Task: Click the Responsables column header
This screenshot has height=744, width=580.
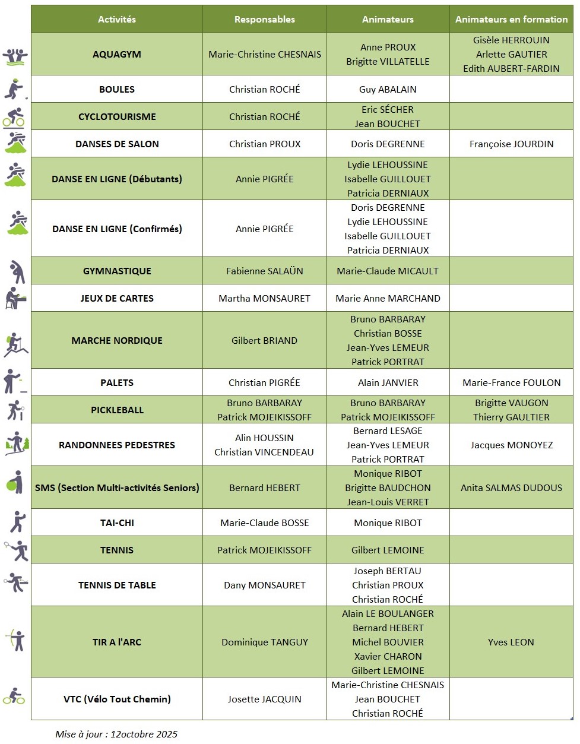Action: [x=264, y=20]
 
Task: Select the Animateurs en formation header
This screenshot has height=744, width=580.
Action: [x=511, y=20]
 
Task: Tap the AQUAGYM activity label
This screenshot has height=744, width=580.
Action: [x=117, y=55]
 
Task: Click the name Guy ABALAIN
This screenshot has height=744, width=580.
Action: [x=388, y=90]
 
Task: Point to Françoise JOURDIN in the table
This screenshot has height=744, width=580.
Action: [x=511, y=144]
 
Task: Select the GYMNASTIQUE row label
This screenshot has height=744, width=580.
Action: [x=117, y=271]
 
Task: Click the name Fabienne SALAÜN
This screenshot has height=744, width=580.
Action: [x=264, y=271]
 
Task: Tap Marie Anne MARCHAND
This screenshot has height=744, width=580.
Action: [x=388, y=299]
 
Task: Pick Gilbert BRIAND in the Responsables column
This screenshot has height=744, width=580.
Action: [x=264, y=341]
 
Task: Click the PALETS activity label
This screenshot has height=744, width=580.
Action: [x=117, y=383]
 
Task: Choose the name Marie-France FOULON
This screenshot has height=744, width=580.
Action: [x=511, y=383]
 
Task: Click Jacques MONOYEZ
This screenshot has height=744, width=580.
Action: [x=511, y=445]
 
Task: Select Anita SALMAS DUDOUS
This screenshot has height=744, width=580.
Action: [x=511, y=488]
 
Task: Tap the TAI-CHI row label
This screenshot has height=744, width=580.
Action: [x=117, y=523]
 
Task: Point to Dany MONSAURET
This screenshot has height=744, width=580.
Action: [x=264, y=585]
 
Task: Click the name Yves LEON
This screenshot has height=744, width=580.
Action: [x=511, y=642]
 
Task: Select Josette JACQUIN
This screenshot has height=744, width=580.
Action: [x=264, y=699]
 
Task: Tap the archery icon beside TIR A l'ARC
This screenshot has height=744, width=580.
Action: [x=16, y=640]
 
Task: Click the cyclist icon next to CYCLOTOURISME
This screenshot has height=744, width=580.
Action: [x=14, y=117]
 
